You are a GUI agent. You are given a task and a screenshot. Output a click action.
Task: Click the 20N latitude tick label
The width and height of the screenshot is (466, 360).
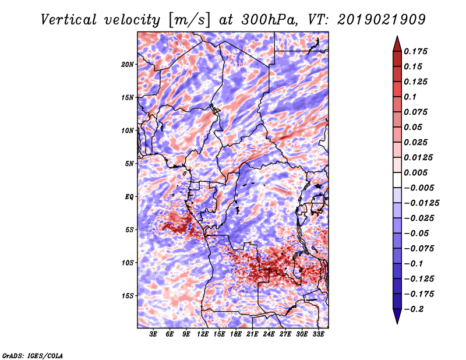click(x=128, y=64)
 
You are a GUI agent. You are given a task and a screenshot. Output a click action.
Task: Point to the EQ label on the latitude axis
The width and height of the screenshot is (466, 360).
click(x=129, y=196)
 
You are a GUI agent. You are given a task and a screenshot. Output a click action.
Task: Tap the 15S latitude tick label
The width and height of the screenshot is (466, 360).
click(x=128, y=295)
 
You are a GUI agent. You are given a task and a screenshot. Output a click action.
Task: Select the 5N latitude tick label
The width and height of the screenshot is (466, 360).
click(x=129, y=163)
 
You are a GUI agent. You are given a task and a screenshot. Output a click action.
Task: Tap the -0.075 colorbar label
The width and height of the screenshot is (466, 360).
click(x=421, y=248)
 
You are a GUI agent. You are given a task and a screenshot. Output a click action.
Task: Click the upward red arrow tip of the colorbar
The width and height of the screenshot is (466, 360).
click(x=397, y=38)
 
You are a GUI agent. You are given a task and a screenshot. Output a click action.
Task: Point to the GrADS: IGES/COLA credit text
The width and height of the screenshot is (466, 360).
click(x=32, y=355)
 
